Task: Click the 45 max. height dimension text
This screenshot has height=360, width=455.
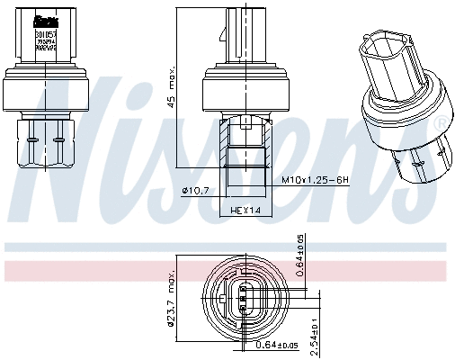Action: pos(169,89)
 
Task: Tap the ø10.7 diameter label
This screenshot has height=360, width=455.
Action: pos(195,190)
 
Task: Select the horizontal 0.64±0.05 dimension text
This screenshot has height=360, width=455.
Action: pos(276,346)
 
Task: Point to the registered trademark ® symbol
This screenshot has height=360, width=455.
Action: pos(440,123)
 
